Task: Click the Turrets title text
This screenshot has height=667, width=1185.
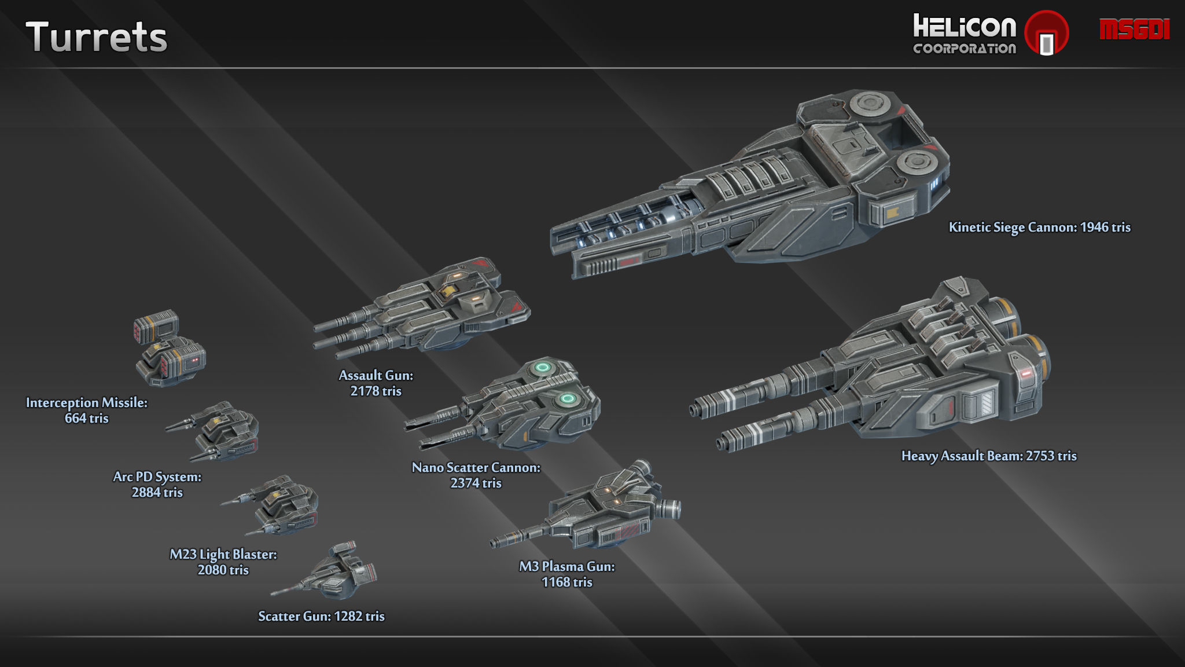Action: coord(96,37)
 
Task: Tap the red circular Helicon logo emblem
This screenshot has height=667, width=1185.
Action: coord(1046,33)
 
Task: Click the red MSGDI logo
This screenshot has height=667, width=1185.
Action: coord(1134,30)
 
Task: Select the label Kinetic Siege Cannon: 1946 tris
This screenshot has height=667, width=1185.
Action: coord(1039,228)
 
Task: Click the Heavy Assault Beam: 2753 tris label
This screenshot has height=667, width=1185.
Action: coord(989,456)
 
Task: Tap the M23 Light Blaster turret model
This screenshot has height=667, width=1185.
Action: coord(278,505)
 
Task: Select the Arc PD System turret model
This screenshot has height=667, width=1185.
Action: coord(223,431)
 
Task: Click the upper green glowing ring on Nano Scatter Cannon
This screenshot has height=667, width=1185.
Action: coord(543,367)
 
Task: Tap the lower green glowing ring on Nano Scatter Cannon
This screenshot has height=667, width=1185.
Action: coord(568,399)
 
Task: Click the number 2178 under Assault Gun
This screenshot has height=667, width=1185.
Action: coord(365,391)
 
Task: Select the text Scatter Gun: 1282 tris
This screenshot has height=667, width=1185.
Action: coord(321,617)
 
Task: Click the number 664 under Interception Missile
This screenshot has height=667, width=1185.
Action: coord(75,419)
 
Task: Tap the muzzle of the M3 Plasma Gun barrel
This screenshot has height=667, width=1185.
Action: coord(494,543)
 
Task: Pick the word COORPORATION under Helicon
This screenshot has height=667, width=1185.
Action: coord(965,49)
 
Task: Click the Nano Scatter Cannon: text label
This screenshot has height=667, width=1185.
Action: coord(476,468)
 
